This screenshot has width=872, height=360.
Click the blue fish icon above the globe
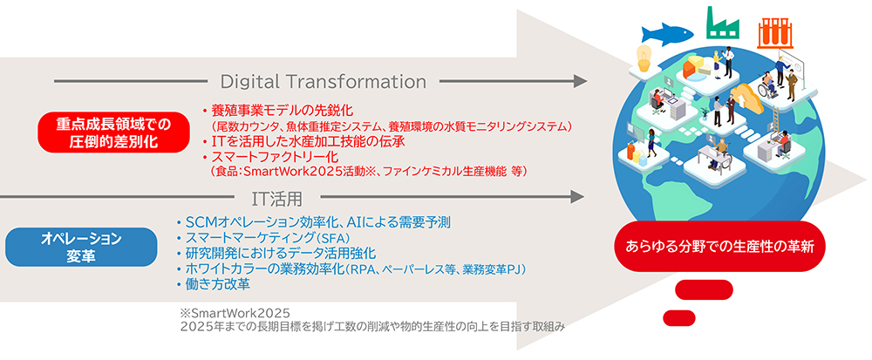pyautogui.click(x=668, y=34)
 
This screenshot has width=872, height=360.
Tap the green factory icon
pyautogui.click(x=724, y=23)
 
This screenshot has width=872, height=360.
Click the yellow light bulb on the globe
pyautogui.click(x=644, y=58)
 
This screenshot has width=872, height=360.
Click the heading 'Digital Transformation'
pyautogui.click(x=324, y=82)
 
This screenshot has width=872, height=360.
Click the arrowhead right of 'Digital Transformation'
pyautogui.click(x=580, y=82)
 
